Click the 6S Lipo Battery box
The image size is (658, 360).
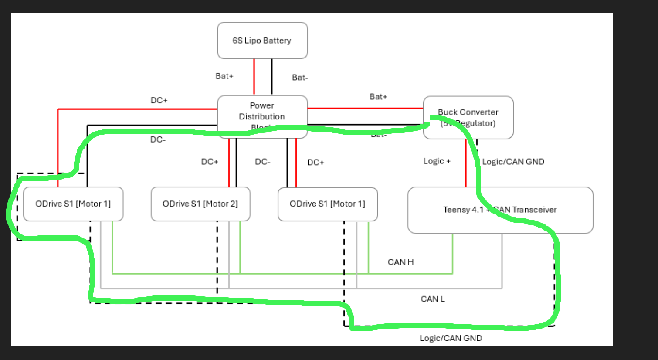coord(262,41)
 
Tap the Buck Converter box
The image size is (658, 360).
coord(468,118)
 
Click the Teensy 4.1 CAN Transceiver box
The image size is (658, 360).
coord(500,210)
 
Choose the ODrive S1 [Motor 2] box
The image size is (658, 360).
coord(200,204)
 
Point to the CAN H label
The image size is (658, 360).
coord(400,262)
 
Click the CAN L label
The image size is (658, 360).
coord(432,299)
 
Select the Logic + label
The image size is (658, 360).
coord(437,161)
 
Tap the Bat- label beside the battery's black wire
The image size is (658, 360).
coord(300,78)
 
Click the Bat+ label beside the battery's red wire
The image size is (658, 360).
coord(224,76)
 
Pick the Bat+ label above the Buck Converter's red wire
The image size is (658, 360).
coord(378,97)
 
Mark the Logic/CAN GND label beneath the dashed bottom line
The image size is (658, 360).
coord(451,338)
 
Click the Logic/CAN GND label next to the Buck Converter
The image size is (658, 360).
coord(513,162)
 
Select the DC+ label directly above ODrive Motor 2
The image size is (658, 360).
coord(210,162)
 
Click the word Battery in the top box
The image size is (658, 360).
coord(277,41)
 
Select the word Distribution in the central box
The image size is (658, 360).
coord(261,117)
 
